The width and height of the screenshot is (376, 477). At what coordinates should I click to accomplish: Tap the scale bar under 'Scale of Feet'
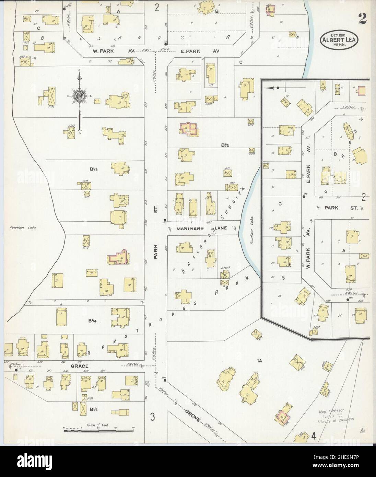pos(98,429)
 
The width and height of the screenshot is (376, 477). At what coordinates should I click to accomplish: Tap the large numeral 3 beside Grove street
pos(153,418)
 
